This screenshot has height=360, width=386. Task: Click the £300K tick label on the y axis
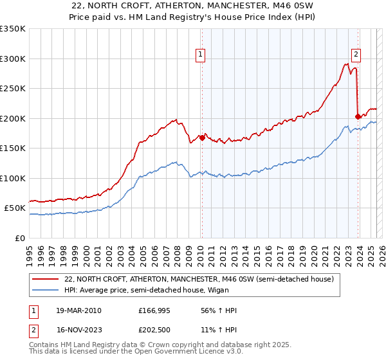click(x=13, y=59)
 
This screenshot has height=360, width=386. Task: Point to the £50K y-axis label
click(x=15, y=208)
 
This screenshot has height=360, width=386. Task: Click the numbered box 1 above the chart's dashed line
click(x=201, y=55)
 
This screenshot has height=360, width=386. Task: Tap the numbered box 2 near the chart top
click(x=356, y=55)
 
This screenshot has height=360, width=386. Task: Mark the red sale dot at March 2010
click(x=202, y=138)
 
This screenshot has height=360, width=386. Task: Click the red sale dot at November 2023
click(x=358, y=116)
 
